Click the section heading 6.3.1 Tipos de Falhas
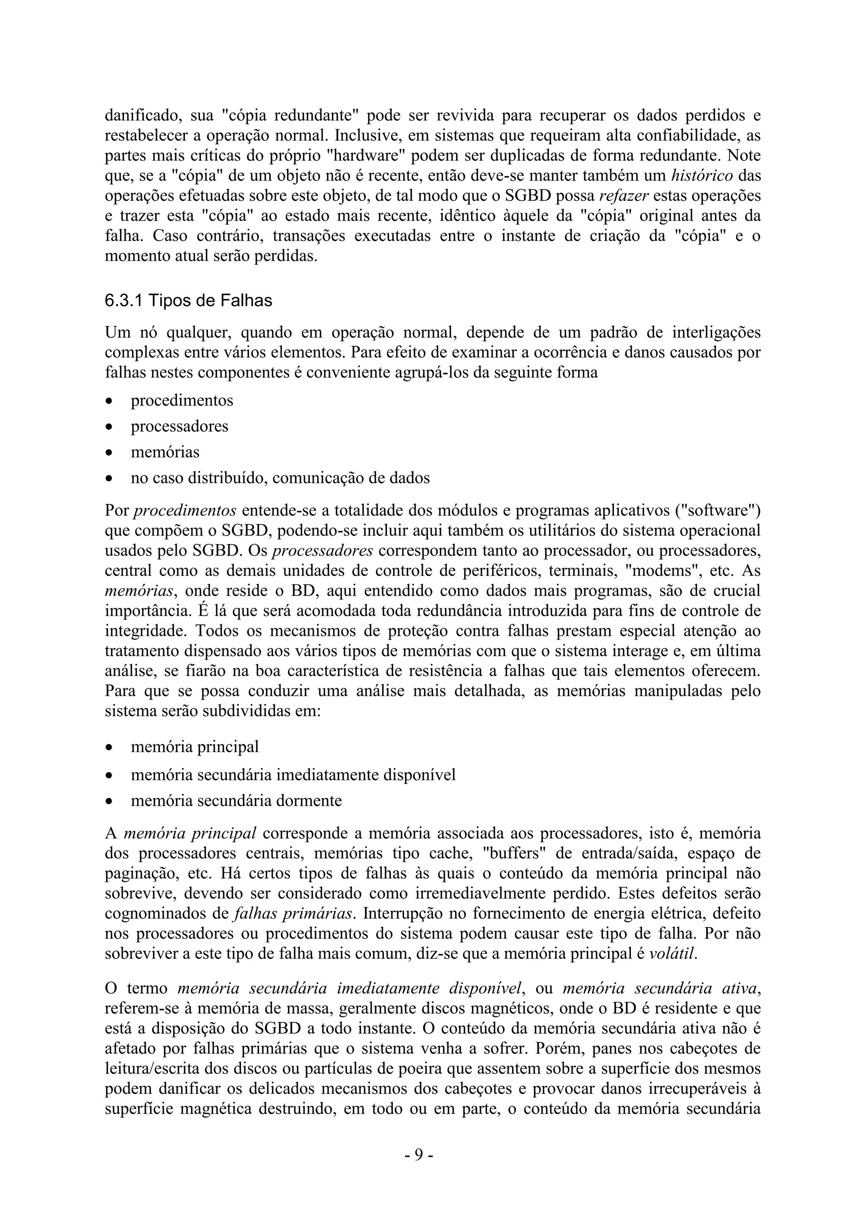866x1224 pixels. coord(188,301)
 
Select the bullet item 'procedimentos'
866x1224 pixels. coord(182,400)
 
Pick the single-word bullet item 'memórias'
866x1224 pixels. coord(165,452)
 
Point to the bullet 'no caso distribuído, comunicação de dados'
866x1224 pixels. coord(280,478)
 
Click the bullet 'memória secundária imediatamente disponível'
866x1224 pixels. coord(293,774)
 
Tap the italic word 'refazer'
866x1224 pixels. coord(624,196)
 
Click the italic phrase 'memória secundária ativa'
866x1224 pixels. coord(660,989)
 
